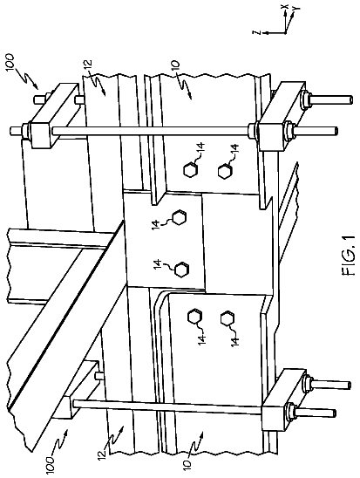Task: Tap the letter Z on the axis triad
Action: pyautogui.click(x=258, y=32)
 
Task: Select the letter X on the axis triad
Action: pyautogui.click(x=285, y=6)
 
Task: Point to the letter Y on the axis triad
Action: pyautogui.click(x=295, y=9)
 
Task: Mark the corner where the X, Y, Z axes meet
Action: pyautogui.click(x=285, y=32)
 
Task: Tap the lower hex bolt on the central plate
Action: pyautogui.click(x=182, y=270)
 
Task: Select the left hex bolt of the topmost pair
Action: pyautogui.click(x=190, y=170)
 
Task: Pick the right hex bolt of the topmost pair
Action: pyautogui.click(x=225, y=171)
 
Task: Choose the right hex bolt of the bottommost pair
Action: pyautogui.click(x=228, y=319)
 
